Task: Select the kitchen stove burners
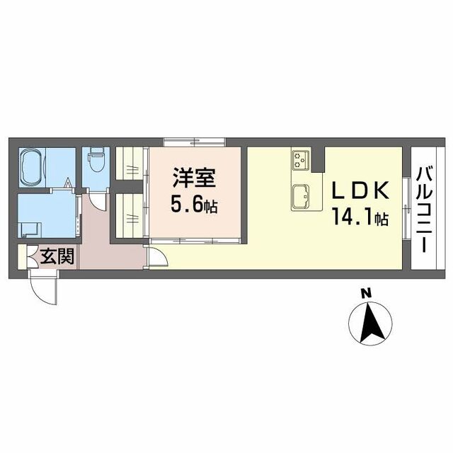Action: tap(299, 161)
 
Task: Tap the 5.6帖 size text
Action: tap(193, 205)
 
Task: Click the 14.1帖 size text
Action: tap(358, 219)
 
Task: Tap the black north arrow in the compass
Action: tap(369, 322)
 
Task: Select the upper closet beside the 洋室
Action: tap(130, 164)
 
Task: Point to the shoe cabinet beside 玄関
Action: tap(21, 256)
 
